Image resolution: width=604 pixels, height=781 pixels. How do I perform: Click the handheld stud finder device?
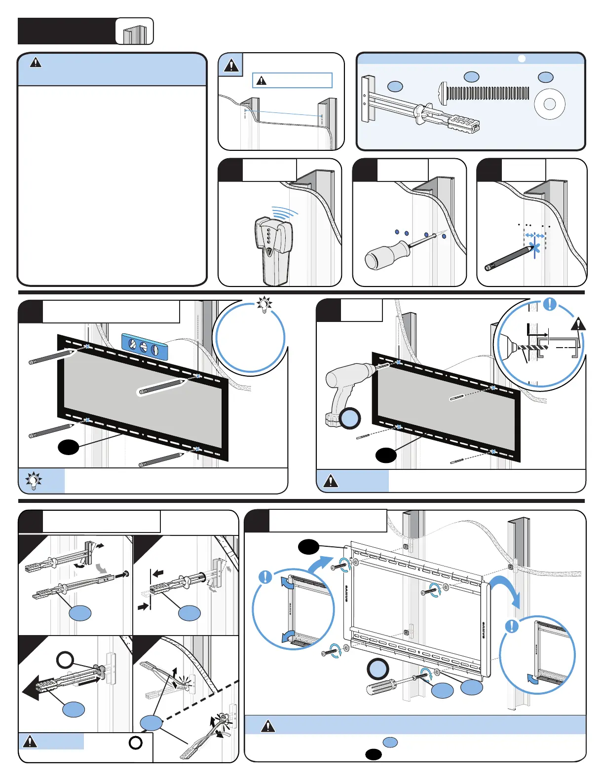click(273, 249)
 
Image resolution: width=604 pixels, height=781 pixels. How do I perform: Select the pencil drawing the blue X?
click(508, 258)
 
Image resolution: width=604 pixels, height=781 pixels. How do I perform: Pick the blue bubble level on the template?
click(144, 346)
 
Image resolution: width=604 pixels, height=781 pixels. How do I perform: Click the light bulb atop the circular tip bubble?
click(265, 305)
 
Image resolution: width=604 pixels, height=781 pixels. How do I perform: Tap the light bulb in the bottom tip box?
click(34, 481)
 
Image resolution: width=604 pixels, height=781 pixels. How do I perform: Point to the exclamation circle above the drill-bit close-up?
click(549, 304)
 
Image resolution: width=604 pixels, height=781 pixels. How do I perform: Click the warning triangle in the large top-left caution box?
click(36, 63)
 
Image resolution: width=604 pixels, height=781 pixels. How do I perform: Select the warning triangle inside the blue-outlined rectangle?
click(262, 80)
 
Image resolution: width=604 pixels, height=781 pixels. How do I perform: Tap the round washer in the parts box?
click(549, 104)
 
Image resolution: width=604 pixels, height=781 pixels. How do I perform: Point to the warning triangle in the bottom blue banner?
click(268, 726)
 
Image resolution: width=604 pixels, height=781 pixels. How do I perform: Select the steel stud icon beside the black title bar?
click(135, 34)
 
